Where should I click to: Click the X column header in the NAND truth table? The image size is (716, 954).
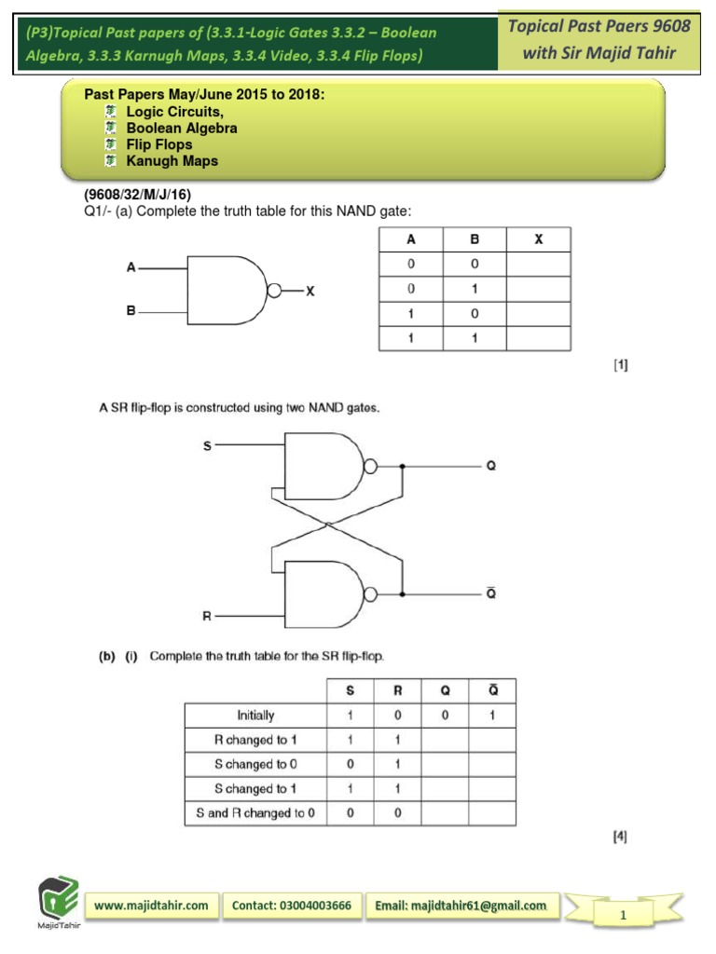click(538, 239)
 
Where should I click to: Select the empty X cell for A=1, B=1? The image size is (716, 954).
click(538, 338)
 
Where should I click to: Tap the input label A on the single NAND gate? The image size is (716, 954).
click(131, 268)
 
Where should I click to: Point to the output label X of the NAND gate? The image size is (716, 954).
click(311, 291)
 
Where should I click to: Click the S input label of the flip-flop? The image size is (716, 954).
click(207, 446)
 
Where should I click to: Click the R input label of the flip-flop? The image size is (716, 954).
click(207, 616)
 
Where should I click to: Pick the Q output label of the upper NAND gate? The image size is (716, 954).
click(491, 466)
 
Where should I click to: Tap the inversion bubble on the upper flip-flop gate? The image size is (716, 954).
click(370, 466)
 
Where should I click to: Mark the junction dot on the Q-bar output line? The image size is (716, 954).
click(402, 594)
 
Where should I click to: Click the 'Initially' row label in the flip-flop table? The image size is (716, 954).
click(255, 715)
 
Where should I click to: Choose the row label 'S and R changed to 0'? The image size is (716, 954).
click(255, 813)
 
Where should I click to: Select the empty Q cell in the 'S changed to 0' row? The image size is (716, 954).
click(445, 765)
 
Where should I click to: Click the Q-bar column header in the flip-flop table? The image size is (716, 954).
click(491, 690)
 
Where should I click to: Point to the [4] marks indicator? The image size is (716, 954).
click(620, 837)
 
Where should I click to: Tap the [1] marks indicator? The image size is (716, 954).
click(620, 366)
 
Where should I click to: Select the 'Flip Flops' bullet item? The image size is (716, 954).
click(159, 144)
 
